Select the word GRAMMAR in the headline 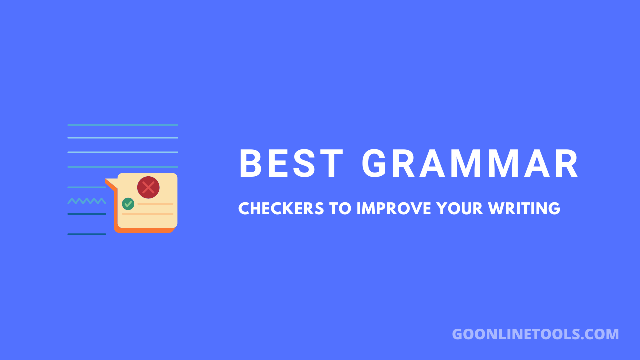[470, 164]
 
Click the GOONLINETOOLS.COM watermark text [535, 334]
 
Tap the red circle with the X [148, 187]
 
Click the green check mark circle [128, 204]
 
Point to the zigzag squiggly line [87, 201]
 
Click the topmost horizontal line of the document [123, 125]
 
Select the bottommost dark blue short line [87, 234]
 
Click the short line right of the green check [155, 204]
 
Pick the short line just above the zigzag [87, 187]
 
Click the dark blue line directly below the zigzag [87, 214]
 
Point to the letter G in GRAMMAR [376, 164]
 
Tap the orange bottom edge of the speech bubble [145, 230]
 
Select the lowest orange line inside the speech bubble [147, 214]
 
